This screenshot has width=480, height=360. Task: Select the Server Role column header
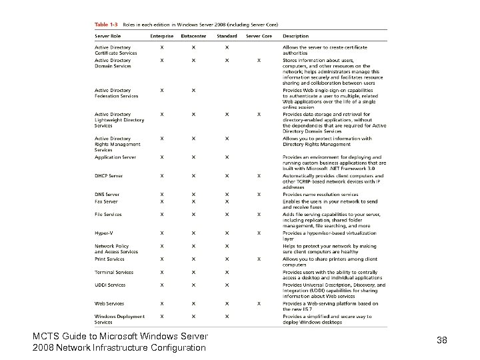point(108,36)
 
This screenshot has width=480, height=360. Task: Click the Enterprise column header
point(162,36)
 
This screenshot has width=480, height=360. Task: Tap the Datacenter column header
point(195,36)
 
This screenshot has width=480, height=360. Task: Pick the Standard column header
point(227,36)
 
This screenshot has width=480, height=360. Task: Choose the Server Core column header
point(259,36)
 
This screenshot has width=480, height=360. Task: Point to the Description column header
point(295,36)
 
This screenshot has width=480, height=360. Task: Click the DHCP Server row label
point(109,176)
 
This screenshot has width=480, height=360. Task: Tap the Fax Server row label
point(106,201)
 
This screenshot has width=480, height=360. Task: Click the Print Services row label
point(109,259)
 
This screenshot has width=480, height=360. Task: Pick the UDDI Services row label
point(110,285)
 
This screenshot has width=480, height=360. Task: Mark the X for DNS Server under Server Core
point(259,195)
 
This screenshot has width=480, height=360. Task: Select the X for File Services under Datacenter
point(194,215)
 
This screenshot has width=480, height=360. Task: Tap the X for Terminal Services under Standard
point(227,272)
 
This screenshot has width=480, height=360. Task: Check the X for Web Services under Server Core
point(259,303)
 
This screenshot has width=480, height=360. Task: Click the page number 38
point(441,341)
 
